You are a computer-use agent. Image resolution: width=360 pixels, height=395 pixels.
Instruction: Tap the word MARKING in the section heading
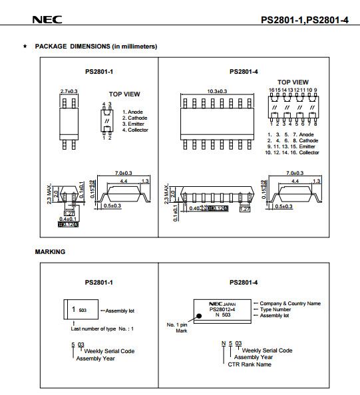click(x=50, y=252)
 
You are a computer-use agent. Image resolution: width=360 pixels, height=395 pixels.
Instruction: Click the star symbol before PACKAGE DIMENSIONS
click(x=25, y=47)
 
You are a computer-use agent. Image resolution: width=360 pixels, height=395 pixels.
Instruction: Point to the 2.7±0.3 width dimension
click(x=69, y=90)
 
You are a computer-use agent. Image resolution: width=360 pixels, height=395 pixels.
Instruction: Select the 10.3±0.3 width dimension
click(x=216, y=90)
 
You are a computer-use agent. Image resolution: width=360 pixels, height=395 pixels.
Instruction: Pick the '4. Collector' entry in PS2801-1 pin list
click(x=135, y=130)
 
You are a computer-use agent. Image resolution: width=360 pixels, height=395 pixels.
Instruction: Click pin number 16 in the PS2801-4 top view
click(x=271, y=89)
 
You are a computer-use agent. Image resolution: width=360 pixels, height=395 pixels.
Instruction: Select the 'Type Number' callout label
click(x=276, y=309)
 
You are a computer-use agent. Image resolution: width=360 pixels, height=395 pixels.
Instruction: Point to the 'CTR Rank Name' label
click(x=250, y=364)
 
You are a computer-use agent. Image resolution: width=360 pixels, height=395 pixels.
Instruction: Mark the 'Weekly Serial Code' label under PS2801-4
click(x=267, y=350)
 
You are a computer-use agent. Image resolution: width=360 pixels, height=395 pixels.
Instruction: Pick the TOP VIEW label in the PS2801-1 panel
click(x=124, y=94)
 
